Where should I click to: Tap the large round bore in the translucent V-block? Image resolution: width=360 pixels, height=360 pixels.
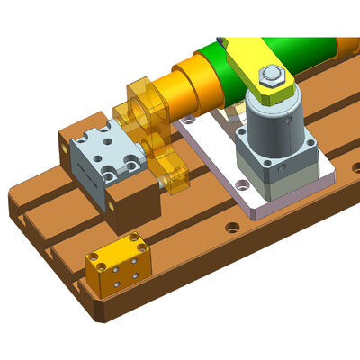pyautogui.click(x=143, y=107)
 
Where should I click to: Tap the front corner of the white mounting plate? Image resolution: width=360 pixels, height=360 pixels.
pyautogui.click(x=253, y=215)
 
